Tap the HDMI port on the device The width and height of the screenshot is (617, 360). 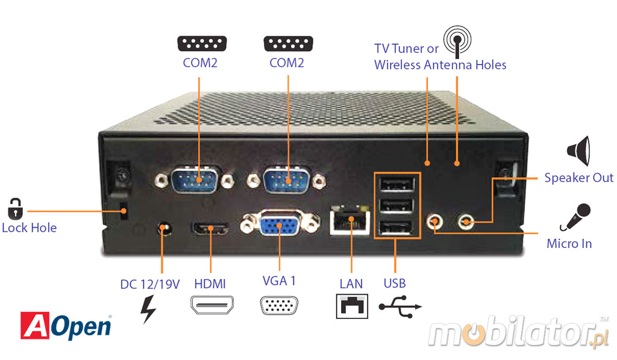210,229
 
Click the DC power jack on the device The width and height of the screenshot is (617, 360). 163,229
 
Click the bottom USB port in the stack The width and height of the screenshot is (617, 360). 395,228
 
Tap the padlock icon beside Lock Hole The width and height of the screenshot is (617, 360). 14,207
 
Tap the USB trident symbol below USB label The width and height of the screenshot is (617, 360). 399,306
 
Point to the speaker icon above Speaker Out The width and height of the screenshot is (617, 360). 579,151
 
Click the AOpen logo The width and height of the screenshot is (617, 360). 66,326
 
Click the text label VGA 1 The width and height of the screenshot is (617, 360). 279,280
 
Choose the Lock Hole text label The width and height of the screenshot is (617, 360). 29,228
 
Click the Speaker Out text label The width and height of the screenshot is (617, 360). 578,178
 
